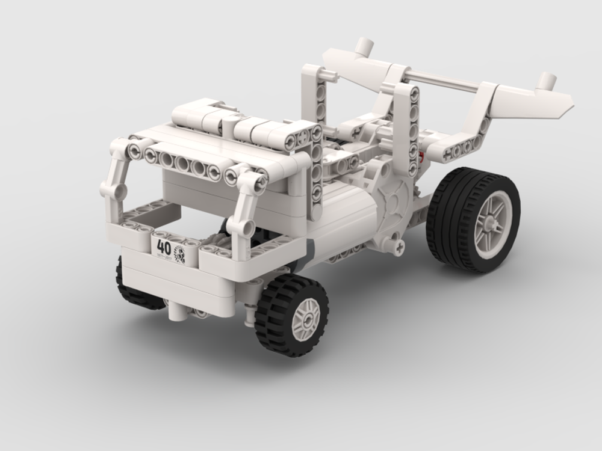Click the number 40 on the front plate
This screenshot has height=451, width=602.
[163, 246]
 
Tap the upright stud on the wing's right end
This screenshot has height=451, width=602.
[547, 81]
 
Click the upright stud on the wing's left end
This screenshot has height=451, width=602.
[364, 46]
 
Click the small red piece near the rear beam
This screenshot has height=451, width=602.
[422, 159]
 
